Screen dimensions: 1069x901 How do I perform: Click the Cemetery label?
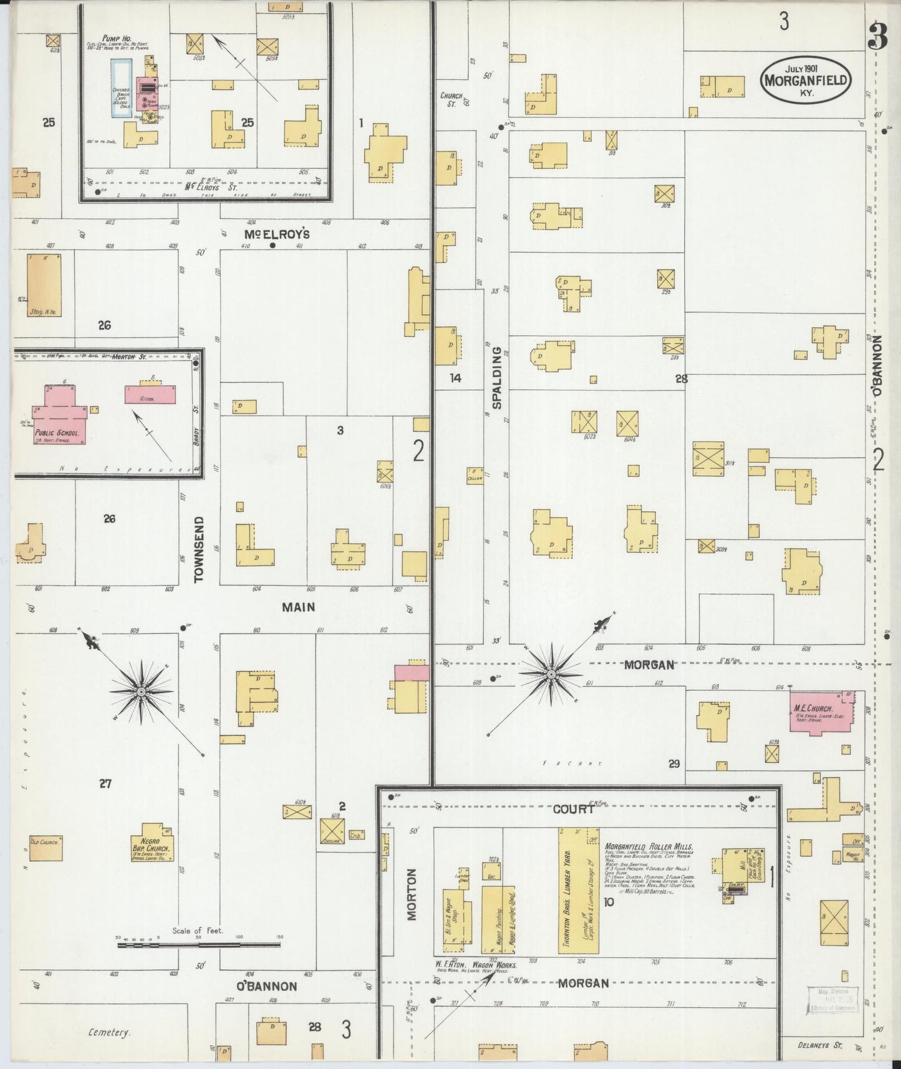click(109, 1032)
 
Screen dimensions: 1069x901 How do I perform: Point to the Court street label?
click(573, 809)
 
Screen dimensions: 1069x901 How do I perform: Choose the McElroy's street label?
click(277, 235)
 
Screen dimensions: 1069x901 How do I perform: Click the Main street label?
click(298, 606)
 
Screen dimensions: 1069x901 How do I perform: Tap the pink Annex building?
click(150, 395)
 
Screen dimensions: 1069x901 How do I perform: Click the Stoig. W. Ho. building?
click(45, 284)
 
